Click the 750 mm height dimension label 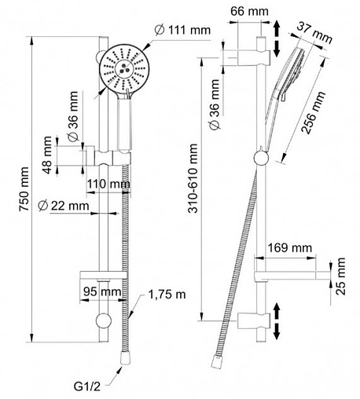(x=24, y=189)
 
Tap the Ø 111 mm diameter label (x=182, y=30)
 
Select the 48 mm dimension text (x=47, y=155)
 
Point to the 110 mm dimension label (x=108, y=184)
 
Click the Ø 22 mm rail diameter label (x=63, y=206)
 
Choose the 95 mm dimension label (x=102, y=291)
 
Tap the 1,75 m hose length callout (x=167, y=295)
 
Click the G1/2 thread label (x=87, y=386)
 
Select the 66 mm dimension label (x=249, y=11)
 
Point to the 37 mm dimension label (x=314, y=32)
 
